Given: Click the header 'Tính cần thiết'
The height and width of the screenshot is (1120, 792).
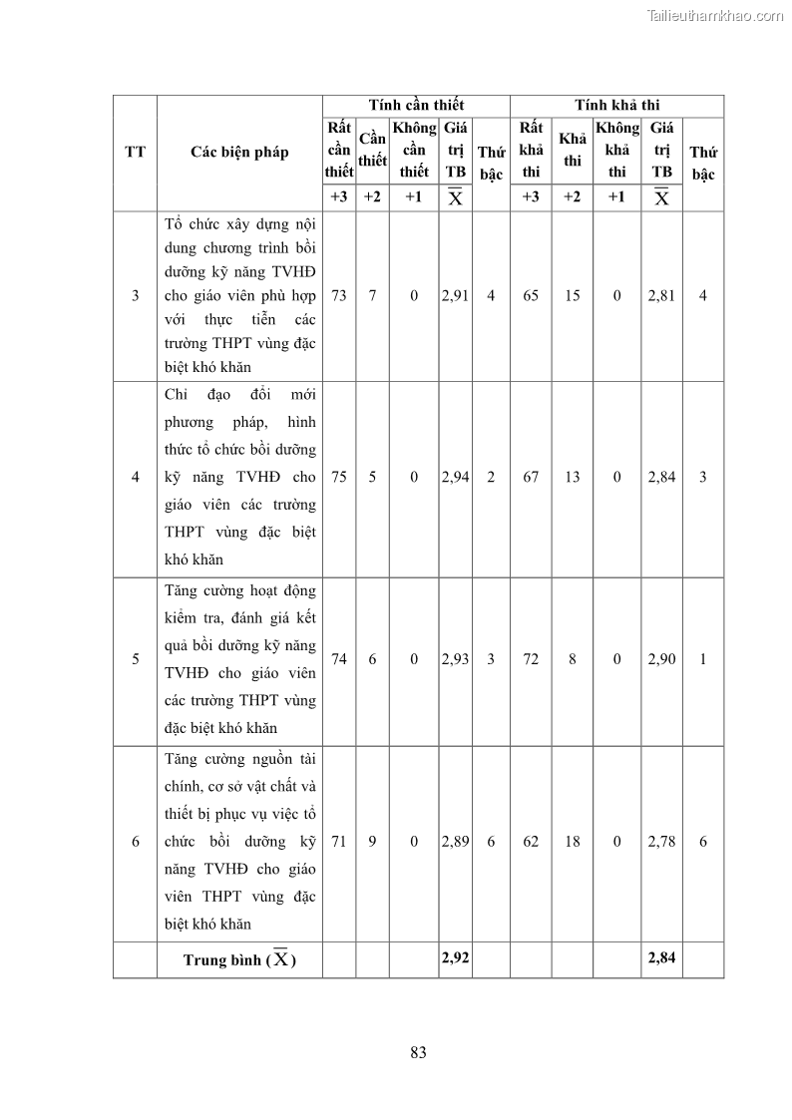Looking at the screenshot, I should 416,105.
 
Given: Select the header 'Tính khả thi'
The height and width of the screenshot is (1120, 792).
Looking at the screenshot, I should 616,105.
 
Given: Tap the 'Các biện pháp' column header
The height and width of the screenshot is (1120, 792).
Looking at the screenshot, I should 239,152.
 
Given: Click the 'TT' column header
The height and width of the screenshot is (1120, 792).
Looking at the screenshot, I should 135,152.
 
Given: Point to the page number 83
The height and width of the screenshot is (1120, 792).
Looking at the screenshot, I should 418,1052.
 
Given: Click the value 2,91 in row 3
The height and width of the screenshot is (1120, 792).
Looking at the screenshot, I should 455,296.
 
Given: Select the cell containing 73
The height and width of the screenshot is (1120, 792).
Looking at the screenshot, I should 339,296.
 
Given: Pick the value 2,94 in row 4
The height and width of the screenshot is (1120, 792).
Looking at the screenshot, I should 455,477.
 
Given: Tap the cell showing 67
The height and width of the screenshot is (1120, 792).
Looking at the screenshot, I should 531,477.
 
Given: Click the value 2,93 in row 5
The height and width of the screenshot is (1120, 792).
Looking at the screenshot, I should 455,659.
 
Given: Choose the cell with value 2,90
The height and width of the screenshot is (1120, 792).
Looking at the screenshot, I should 661,659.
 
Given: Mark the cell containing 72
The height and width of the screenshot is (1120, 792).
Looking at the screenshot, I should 531,659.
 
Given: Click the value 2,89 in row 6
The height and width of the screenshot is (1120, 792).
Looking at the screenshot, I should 455,842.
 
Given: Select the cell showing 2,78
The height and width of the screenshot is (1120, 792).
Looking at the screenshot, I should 661,842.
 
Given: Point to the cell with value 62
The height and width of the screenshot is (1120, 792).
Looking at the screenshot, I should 531,842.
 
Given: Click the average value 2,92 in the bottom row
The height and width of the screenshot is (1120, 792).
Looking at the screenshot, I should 455,958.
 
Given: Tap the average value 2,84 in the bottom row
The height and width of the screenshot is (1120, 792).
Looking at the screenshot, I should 661,958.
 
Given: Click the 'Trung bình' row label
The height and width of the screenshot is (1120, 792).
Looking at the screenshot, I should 239,959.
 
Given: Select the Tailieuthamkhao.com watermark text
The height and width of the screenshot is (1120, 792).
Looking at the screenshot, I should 715,15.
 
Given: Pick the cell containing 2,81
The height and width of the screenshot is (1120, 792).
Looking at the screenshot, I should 661,296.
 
